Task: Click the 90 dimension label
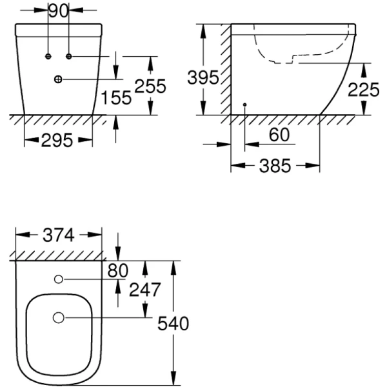click(59, 12)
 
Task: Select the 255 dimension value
click(151, 86)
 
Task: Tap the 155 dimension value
click(117, 98)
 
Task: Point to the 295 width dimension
click(57, 141)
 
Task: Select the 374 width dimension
click(59, 235)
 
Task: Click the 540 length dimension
click(174, 323)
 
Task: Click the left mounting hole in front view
click(48, 57)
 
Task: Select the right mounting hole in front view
click(68, 57)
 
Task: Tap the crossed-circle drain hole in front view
click(58, 79)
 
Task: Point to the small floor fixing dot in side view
click(245, 104)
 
